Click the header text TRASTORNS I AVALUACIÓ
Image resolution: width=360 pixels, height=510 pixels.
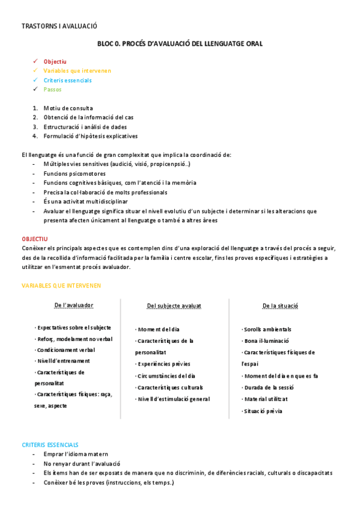59,26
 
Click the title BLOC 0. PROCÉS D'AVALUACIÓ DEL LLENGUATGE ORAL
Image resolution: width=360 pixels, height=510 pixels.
180,44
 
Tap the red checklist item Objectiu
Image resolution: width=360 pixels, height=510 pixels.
55,61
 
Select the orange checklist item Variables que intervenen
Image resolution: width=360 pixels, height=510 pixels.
77,70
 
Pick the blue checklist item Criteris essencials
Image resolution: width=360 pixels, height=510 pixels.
67,80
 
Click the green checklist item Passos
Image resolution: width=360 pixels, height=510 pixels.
52,90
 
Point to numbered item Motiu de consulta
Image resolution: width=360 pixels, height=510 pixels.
68,108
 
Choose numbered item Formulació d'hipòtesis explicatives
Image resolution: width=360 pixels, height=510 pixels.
90,136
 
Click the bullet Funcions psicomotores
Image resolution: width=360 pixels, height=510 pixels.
75,173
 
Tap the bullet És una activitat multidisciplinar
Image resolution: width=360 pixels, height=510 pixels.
85,201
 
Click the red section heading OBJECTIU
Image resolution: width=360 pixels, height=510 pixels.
35,239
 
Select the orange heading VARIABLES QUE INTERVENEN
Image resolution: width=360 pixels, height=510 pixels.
61,285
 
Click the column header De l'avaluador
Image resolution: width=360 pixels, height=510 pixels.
73,306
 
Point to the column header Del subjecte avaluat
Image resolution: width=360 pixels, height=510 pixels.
174,306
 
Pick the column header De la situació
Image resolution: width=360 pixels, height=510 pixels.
280,306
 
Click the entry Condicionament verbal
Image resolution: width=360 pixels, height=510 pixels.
66,350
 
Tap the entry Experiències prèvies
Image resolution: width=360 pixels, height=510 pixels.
163,364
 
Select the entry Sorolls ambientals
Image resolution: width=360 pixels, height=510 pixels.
267,330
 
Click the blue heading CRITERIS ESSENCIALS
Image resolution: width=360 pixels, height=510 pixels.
50,444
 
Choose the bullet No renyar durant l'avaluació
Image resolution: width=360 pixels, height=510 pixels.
82,464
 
